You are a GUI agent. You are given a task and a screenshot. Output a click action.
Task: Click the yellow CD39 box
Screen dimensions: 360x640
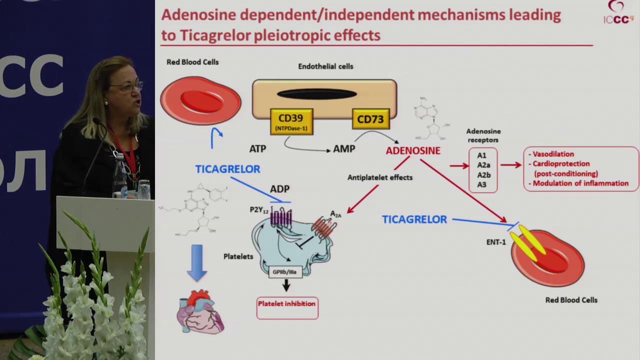click(291, 121)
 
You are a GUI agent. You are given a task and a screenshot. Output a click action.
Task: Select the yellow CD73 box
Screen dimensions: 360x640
click(370, 119)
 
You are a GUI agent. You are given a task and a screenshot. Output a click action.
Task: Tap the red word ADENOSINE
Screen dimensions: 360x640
click(413, 150)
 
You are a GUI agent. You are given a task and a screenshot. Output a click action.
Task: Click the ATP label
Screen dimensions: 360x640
click(257, 148)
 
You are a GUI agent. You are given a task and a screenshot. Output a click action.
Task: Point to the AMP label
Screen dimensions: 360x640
click(344, 149)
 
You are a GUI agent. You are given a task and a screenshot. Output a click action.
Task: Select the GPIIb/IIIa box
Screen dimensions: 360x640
click(285, 272)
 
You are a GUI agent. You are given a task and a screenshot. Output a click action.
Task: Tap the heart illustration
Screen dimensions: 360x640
click(200, 312)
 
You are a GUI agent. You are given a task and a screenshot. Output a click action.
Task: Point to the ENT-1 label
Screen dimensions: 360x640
click(496, 242)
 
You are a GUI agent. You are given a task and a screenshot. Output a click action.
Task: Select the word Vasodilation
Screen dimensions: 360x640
click(553, 154)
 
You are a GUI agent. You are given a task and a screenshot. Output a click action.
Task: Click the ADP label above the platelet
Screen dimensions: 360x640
click(279, 189)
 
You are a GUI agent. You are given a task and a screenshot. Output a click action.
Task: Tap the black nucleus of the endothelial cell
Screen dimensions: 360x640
click(316, 94)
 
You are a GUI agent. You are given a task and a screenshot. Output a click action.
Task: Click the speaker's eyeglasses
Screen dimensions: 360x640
click(128, 87)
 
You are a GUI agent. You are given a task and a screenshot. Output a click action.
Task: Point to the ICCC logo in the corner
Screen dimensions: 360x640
click(618, 13)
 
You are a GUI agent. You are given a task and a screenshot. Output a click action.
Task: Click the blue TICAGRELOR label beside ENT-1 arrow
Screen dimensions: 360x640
click(414, 219)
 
